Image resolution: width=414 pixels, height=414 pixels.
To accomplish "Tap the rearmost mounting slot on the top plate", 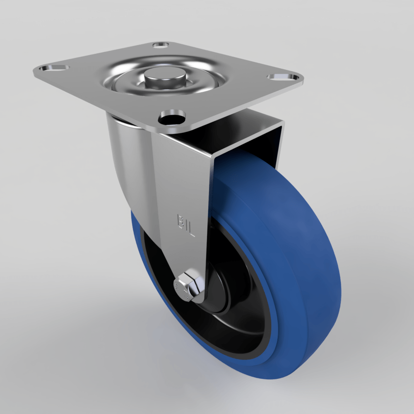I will (161, 44).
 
